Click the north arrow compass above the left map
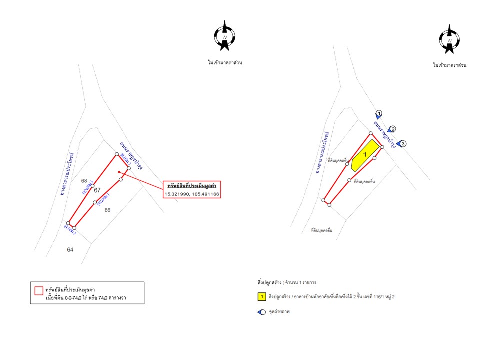pyautogui.click(x=225, y=36)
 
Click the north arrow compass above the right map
pyautogui.click(x=449, y=39)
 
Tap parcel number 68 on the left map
pyautogui.click(x=84, y=180)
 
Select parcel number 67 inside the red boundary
pyautogui.click(x=97, y=190)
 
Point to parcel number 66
pyautogui.click(x=107, y=210)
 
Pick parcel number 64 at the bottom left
pyautogui.click(x=70, y=249)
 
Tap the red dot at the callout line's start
pyautogui.click(x=118, y=172)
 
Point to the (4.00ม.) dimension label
pyautogui.click(x=70, y=230)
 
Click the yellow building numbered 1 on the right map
pyautogui.click(x=364, y=155)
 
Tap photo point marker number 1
pyautogui.click(x=379, y=114)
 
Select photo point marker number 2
pyautogui.click(x=392, y=129)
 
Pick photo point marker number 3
pyautogui.click(x=402, y=144)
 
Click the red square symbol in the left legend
pyautogui.click(x=38, y=289)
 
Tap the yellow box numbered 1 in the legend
pyautogui.click(x=261, y=297)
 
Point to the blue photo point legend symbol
pyautogui.click(x=261, y=312)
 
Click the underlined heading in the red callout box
pyautogui.click(x=191, y=185)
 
